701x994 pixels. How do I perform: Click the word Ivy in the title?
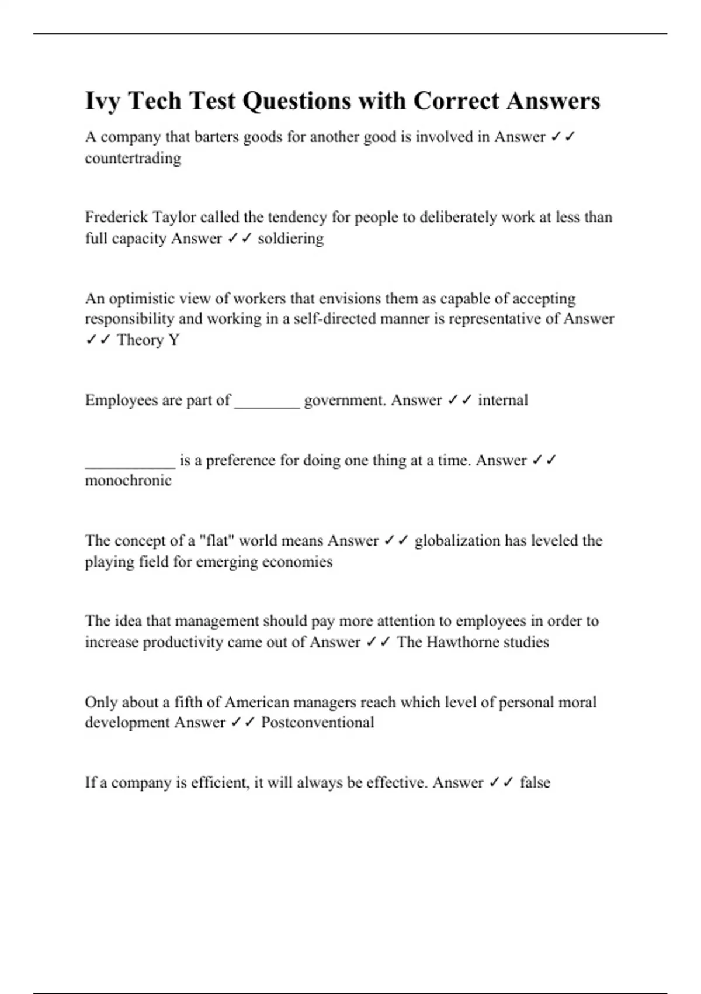[x=103, y=101]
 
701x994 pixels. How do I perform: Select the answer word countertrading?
[x=133, y=158]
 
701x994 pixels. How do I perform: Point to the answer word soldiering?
[x=290, y=239]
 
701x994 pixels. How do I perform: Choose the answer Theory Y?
[x=148, y=340]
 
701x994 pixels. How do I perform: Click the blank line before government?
[x=267, y=401]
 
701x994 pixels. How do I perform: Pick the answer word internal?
[x=502, y=400]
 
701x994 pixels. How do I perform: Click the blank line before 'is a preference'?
[x=130, y=461]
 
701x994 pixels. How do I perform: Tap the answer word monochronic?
[x=129, y=481]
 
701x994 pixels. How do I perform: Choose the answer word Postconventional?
[x=317, y=722]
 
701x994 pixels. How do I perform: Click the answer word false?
[x=535, y=782]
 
